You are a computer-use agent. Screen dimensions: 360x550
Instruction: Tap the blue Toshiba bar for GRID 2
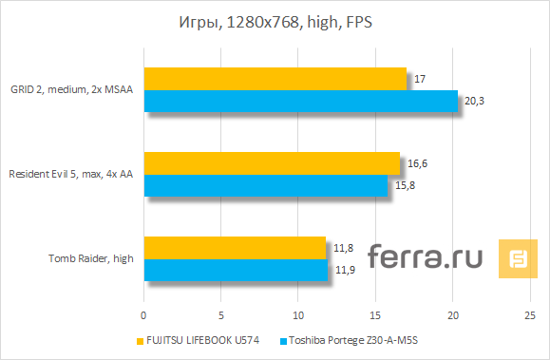(300, 101)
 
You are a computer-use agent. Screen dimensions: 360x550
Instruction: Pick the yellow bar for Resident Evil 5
(272, 163)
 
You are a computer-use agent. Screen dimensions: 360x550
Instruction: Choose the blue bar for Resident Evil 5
(265, 185)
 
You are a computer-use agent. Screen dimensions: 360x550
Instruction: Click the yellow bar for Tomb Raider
(235, 248)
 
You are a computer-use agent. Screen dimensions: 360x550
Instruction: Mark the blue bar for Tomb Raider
(236, 270)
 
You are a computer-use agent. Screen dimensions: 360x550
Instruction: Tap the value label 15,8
(403, 185)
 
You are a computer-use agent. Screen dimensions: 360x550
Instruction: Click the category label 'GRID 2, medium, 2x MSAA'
(71, 89)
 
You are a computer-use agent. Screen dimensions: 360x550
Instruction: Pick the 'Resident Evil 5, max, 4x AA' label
(71, 174)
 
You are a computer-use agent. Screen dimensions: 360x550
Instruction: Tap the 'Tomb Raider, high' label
(91, 258)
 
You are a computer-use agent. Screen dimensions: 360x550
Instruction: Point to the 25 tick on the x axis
(530, 314)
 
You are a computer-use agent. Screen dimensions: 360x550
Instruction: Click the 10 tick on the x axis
(298, 314)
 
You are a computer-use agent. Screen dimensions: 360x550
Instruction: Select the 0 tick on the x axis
(143, 314)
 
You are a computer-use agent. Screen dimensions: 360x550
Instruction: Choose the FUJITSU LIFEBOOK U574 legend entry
(203, 340)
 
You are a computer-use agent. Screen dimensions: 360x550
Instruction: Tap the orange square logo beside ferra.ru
(519, 258)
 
